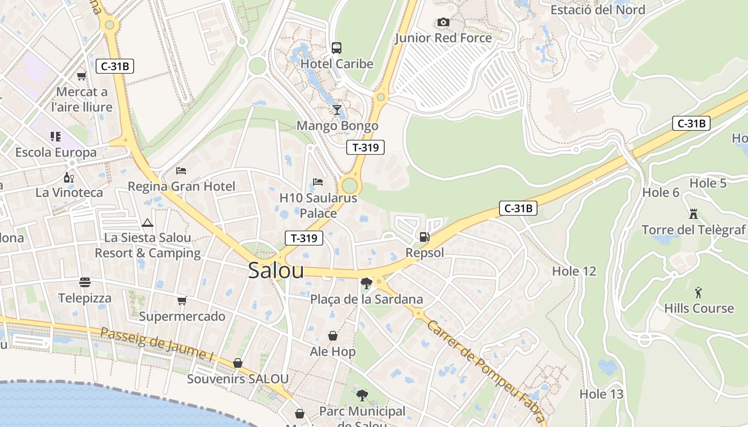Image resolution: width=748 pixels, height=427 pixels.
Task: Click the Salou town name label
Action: [x=276, y=271]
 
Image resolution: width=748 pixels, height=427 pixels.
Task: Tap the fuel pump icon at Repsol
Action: [x=424, y=236]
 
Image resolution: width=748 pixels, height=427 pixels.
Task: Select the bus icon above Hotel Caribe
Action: [x=337, y=48]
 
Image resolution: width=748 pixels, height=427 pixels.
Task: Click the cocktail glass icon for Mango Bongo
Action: [x=337, y=110]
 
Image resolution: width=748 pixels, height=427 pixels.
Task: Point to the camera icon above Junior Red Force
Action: [x=443, y=22]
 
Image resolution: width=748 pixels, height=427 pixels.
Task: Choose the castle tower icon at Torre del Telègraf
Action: [x=694, y=214]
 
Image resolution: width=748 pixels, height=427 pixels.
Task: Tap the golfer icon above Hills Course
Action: [x=698, y=292]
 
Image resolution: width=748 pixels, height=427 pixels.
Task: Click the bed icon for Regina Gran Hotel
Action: [x=181, y=171]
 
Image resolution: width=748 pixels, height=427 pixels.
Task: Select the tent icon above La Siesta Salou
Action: [x=147, y=222]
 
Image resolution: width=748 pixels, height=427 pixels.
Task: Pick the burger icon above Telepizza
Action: [x=85, y=282]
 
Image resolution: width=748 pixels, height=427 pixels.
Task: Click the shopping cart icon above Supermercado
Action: [x=182, y=301]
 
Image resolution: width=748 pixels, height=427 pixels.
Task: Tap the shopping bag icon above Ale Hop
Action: [x=332, y=336]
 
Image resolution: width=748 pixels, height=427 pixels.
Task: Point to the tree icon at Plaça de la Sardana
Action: [x=366, y=283]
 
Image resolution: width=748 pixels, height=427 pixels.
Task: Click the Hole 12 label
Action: [x=574, y=271]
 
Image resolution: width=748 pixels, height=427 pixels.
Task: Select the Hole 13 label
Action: [x=601, y=394]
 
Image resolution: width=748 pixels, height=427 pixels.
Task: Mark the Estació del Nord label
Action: [x=597, y=10]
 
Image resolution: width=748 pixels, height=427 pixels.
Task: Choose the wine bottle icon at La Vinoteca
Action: [x=69, y=177]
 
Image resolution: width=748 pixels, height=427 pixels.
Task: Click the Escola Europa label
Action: [x=56, y=153]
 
